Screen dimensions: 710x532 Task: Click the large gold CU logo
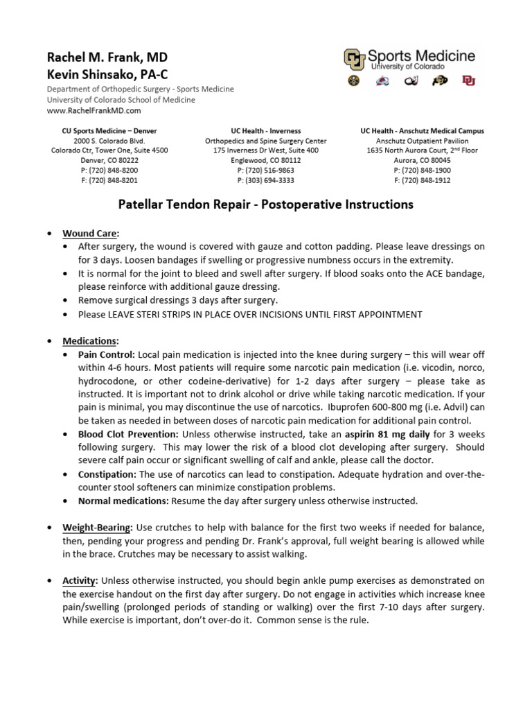355,60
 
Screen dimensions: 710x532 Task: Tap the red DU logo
468,82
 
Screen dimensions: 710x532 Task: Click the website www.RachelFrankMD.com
94,110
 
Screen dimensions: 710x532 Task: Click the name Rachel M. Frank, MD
107,57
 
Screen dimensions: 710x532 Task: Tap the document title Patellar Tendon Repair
265,205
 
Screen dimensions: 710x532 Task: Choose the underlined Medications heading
90,341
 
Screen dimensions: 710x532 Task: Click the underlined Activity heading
80,580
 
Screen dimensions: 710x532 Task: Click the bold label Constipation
107,474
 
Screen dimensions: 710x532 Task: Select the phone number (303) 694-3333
265,180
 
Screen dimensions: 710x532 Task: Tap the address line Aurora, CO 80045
422,160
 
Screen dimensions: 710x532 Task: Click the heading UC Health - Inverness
265,131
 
